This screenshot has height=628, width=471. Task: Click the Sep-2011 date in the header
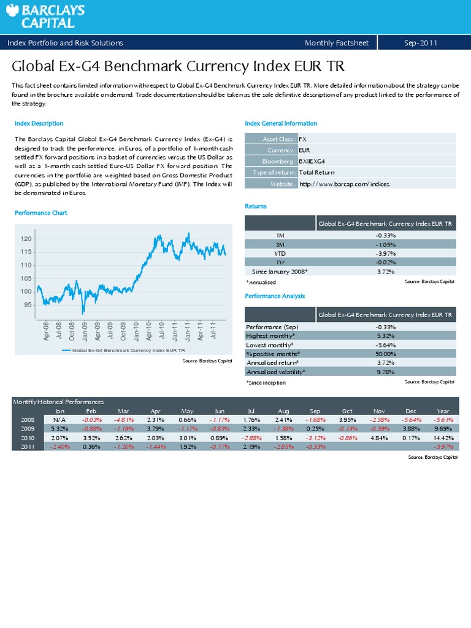[x=420, y=42]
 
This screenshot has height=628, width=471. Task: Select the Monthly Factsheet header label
[x=336, y=42]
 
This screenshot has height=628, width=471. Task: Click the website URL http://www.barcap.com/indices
[x=343, y=184]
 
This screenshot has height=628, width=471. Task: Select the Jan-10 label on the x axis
[x=136, y=329]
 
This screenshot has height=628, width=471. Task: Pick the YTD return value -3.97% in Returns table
[x=385, y=253]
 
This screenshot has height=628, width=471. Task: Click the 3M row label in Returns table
[x=280, y=243]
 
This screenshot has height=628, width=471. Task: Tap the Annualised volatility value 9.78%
[x=385, y=372]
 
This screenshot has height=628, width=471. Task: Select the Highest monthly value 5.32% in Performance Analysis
[x=385, y=335]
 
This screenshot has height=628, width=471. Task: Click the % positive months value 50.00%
[x=385, y=354]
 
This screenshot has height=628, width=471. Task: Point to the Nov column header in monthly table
[x=378, y=411]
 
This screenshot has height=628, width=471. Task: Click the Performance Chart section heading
[x=41, y=213]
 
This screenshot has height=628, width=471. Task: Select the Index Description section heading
[x=39, y=123]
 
